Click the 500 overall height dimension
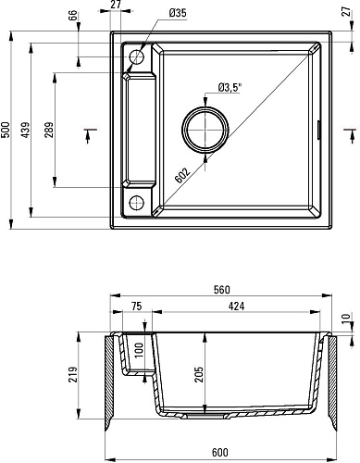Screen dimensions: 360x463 [x=6, y=130]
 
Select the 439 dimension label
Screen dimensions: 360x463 [x=26, y=130]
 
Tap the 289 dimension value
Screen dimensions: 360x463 [x=49, y=130]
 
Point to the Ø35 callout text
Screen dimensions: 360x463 [x=178, y=13]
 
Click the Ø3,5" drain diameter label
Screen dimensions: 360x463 [x=230, y=88]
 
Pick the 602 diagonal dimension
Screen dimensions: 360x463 [x=182, y=175]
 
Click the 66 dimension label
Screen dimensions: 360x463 [x=73, y=16]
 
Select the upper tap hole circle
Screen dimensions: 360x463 [x=136, y=57]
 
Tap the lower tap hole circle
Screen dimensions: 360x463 [x=136, y=203]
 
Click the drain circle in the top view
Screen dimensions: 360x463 [x=205, y=130]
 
